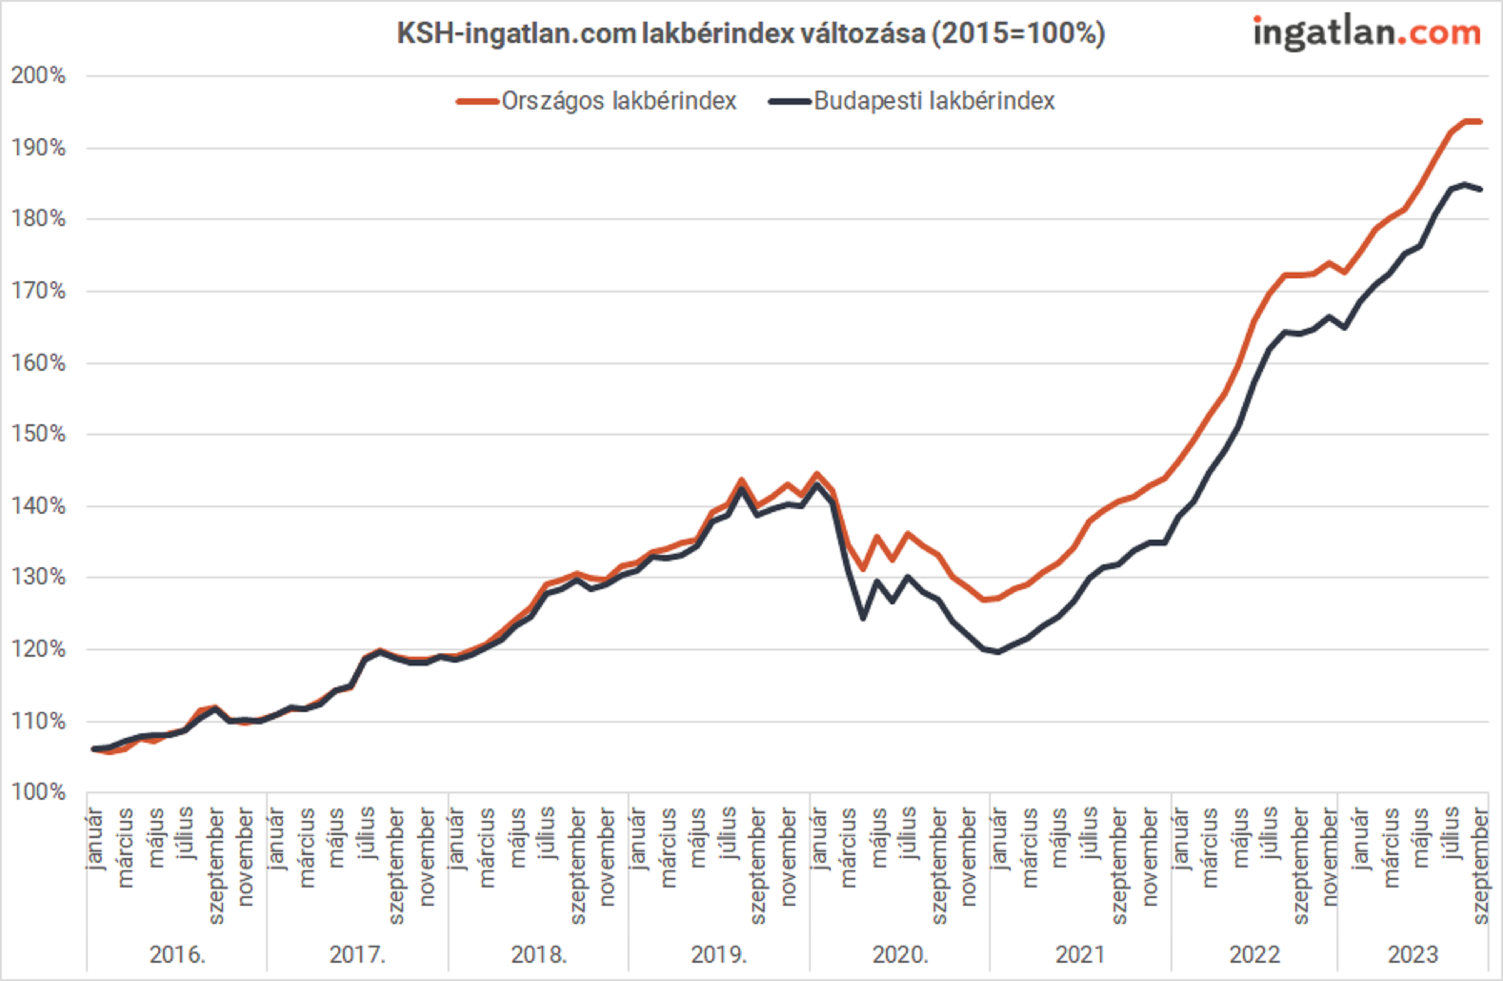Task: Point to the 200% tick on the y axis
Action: click(38, 76)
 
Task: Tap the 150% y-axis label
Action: click(38, 434)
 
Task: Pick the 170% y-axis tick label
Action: click(38, 291)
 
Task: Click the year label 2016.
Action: click(177, 954)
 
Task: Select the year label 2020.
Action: click(900, 954)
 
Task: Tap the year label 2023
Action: click(1412, 954)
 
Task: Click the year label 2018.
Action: click(539, 954)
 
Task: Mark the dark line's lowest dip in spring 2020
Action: click(863, 618)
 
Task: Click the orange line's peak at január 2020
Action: click(817, 474)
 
